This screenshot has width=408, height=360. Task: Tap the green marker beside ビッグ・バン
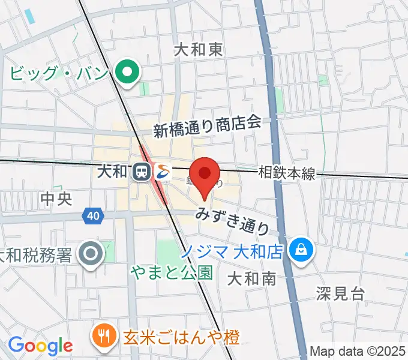(127, 73)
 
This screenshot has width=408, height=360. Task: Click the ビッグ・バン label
(58, 74)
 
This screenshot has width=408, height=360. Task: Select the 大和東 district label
(198, 50)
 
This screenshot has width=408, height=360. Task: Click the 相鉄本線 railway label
(287, 173)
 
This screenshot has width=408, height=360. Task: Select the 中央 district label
(56, 198)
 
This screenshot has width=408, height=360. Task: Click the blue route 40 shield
(92, 215)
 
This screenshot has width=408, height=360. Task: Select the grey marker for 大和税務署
(91, 254)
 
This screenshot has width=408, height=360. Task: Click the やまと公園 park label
(172, 272)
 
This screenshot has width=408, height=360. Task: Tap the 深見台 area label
(340, 293)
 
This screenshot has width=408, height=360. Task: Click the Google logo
(40, 345)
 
